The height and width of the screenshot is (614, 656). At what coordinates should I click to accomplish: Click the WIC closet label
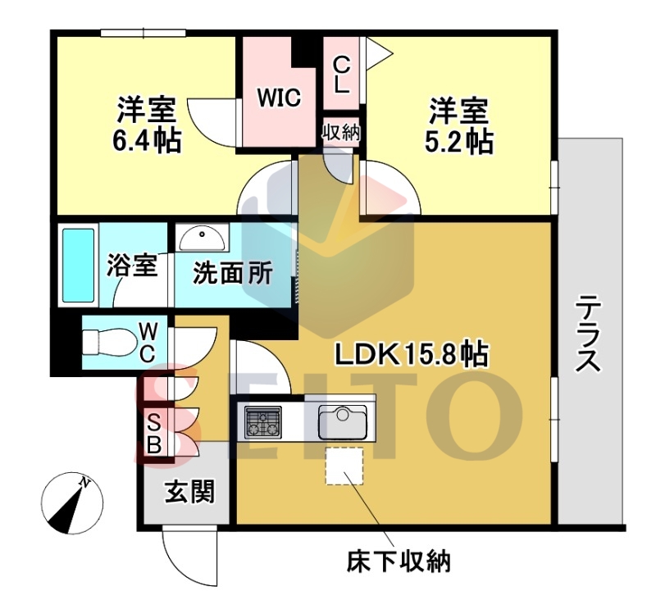[279, 98]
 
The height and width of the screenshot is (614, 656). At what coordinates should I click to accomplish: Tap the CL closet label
[341, 75]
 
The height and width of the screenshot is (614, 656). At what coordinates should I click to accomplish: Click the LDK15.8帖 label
[412, 355]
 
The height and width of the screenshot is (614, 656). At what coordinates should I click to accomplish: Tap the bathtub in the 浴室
[78, 265]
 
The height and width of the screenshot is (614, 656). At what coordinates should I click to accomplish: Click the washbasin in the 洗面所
[202, 238]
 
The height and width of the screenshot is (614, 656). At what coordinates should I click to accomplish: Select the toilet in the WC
[110, 343]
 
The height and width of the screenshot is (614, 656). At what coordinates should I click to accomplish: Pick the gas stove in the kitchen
[263, 421]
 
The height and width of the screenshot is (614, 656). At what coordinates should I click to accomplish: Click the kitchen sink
[343, 421]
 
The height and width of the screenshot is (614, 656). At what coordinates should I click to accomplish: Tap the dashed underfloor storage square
[344, 466]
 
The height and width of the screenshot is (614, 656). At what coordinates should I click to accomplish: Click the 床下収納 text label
[399, 562]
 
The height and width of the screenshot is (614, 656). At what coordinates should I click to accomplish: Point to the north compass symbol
[72, 503]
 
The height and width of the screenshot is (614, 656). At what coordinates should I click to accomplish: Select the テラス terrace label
[588, 333]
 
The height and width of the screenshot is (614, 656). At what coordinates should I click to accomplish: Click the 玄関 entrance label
[190, 492]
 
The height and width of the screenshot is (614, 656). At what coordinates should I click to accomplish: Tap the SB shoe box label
[154, 436]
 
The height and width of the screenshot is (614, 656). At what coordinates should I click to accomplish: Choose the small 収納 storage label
[341, 133]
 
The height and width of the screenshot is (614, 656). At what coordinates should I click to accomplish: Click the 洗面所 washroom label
[233, 274]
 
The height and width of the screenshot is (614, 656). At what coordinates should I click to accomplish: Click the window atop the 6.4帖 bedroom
[143, 33]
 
